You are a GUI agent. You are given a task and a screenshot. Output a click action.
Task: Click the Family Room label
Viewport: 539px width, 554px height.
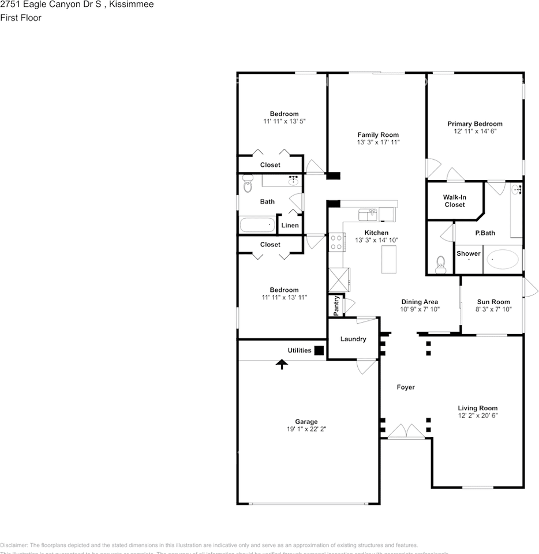378,134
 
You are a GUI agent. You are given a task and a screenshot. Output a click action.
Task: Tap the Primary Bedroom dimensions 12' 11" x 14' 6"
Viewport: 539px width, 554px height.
475,132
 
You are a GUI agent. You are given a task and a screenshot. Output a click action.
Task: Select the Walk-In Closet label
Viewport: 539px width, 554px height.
454,201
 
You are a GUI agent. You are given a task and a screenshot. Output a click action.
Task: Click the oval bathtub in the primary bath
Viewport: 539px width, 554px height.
502,260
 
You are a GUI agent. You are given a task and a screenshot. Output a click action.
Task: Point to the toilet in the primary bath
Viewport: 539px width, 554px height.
440,264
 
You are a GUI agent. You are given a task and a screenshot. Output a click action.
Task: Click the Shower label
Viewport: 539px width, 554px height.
468,253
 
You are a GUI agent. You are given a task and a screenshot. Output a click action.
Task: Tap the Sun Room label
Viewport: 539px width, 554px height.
493,302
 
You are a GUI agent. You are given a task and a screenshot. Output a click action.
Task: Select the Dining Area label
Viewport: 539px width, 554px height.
420,302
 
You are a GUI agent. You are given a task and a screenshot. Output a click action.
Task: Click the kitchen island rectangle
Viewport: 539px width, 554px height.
390,259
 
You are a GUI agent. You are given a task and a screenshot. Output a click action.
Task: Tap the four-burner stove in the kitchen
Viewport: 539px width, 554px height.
336,242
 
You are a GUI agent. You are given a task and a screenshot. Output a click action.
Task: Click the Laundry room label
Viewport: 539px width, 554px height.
353,339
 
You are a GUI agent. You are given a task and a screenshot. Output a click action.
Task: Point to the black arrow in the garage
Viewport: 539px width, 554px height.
282,364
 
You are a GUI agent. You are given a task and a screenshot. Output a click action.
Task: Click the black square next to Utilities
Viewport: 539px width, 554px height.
319,350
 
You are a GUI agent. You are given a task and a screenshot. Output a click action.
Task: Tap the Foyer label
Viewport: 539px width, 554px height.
406,387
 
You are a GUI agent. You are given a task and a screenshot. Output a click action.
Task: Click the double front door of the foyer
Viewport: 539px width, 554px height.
407,432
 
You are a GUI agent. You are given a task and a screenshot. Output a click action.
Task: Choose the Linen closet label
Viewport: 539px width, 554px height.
290,225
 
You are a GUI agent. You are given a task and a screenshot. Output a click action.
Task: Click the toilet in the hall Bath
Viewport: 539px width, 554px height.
248,184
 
